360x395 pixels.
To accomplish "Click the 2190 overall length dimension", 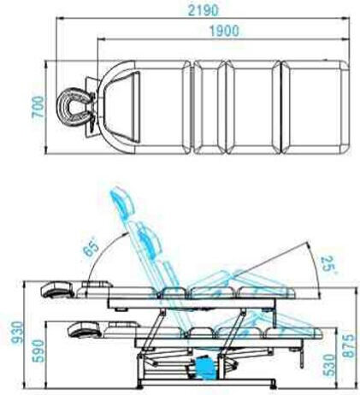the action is click(203, 10).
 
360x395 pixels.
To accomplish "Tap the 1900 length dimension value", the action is click(224, 31).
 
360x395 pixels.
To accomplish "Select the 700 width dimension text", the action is click(38, 107).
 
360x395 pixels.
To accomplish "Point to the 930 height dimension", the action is click(16, 332).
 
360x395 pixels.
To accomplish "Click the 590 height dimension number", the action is click(38, 351).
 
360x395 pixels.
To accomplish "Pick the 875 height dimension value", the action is click(349, 345).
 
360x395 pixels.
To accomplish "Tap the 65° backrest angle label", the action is click(91, 248).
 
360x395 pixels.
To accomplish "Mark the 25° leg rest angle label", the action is click(328, 265).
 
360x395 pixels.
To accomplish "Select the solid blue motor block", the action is click(204, 368).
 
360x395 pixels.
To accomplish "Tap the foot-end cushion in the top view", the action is click(315, 107).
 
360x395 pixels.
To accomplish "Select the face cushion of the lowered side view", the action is click(84, 330).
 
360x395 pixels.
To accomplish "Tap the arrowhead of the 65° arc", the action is click(127, 234).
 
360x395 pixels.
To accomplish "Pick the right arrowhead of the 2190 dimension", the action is click(346, 19).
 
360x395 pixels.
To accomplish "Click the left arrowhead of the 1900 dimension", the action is click(101, 39).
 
